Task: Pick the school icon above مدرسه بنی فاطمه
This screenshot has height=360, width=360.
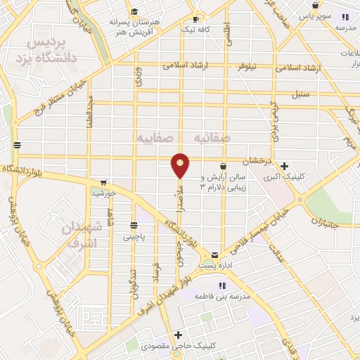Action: [222, 285]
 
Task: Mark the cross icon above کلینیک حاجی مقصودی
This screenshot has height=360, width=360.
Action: [179, 335]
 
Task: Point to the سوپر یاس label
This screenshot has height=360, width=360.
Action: [314, 15]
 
